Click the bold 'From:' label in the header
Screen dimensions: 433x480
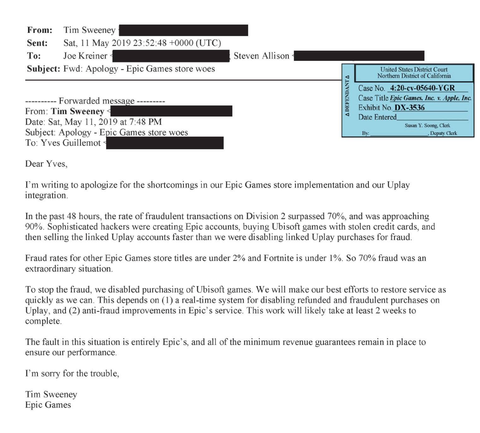[40, 30]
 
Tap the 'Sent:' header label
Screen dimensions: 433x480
[37, 43]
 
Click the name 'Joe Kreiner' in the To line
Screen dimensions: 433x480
[85, 56]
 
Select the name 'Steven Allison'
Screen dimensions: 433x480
[261, 56]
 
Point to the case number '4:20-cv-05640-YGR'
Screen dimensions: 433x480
[422, 88]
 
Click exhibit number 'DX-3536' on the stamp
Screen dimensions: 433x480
[410, 108]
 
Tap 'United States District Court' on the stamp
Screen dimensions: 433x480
[414, 69]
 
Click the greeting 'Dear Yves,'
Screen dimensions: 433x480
[46, 164]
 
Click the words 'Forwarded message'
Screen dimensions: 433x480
[97, 101]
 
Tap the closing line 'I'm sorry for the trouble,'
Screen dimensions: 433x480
[72, 374]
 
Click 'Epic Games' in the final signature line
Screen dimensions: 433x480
[48, 405]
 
